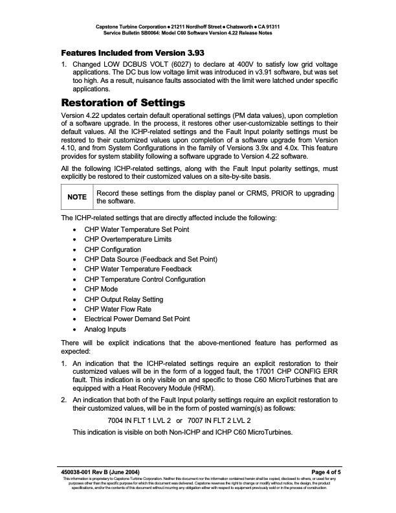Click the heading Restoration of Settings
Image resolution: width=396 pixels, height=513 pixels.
[x=123, y=102]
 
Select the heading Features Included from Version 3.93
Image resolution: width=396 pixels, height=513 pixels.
[x=125, y=52]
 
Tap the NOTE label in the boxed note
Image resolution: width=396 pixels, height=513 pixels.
[x=77, y=198]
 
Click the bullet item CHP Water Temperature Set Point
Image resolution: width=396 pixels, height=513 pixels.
[x=137, y=230]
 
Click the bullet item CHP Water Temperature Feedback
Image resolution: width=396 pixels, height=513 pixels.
[x=138, y=269]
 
